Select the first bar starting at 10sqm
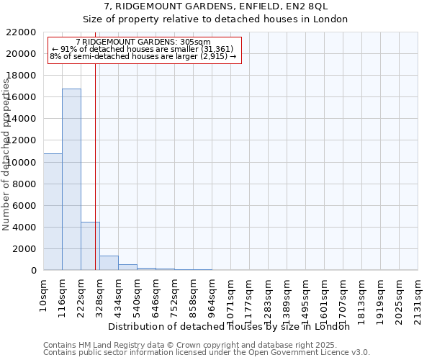[53, 212]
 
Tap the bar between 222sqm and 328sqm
[90, 246]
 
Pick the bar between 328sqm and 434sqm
[109, 263]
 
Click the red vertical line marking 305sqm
[95, 180]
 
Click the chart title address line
[216, 6]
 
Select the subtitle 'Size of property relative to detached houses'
[216, 19]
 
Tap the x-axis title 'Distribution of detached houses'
[230, 326]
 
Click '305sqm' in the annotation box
[194, 42]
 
